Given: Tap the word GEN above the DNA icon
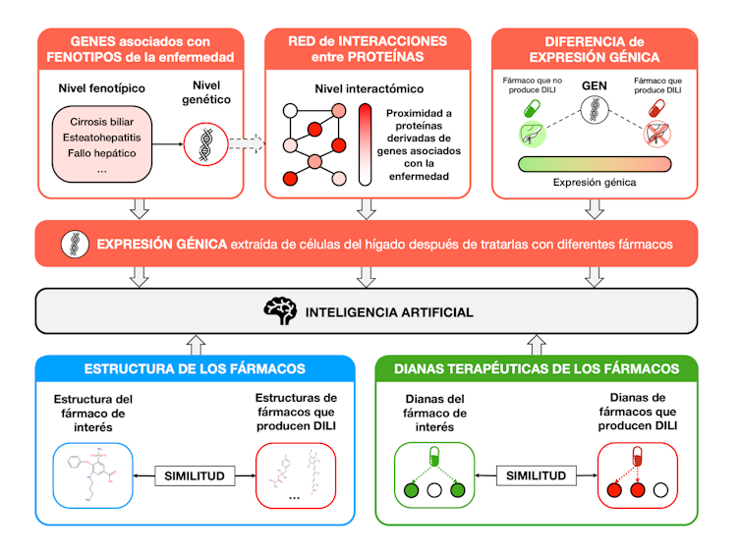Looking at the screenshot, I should click(595, 85).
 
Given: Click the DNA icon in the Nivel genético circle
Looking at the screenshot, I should click(205, 143).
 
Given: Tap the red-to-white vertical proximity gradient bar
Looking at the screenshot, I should click(365, 144).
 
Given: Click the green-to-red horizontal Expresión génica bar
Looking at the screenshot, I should click(594, 163).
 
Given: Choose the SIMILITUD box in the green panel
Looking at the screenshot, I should click(536, 475).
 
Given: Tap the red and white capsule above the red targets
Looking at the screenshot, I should click(638, 454).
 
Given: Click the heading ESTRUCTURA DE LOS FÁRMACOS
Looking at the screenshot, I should click(195, 369).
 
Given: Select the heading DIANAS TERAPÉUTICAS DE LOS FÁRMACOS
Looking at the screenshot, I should click(536, 369).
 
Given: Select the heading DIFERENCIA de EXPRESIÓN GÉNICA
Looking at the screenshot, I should click(594, 49).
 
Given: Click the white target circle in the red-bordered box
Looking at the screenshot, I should click(660, 489).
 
